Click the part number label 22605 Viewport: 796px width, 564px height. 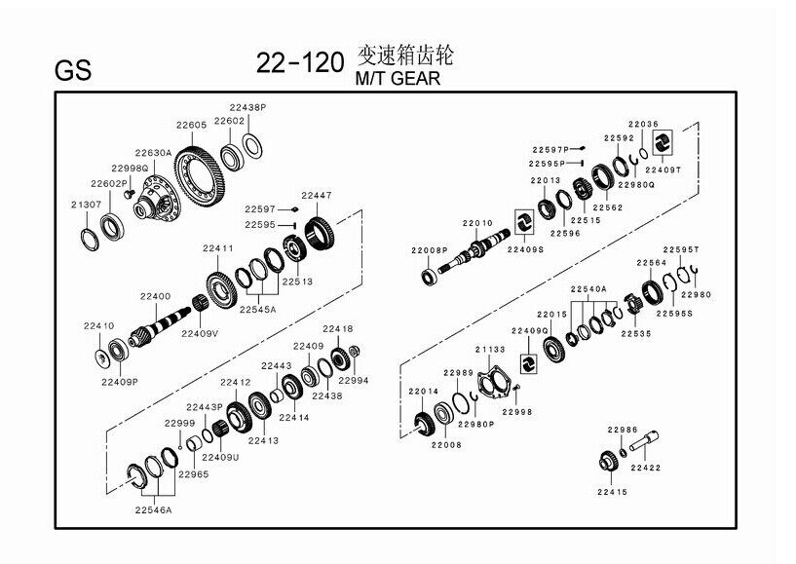click(x=191, y=125)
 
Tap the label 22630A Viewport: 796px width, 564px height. click(x=153, y=153)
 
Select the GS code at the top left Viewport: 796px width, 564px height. click(x=74, y=70)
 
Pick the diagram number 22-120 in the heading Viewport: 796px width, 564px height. click(x=299, y=64)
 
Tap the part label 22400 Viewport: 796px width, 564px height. click(x=155, y=296)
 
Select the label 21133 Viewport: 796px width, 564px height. click(x=490, y=350)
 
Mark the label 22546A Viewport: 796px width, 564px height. click(x=154, y=509)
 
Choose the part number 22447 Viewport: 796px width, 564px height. click(x=316, y=195)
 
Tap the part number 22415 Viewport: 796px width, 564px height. click(x=614, y=492)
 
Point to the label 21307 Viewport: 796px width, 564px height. click(x=86, y=205)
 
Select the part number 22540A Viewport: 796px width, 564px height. click(x=588, y=289)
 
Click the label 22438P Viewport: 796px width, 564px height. click(x=247, y=106)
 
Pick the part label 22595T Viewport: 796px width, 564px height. click(x=681, y=248)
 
